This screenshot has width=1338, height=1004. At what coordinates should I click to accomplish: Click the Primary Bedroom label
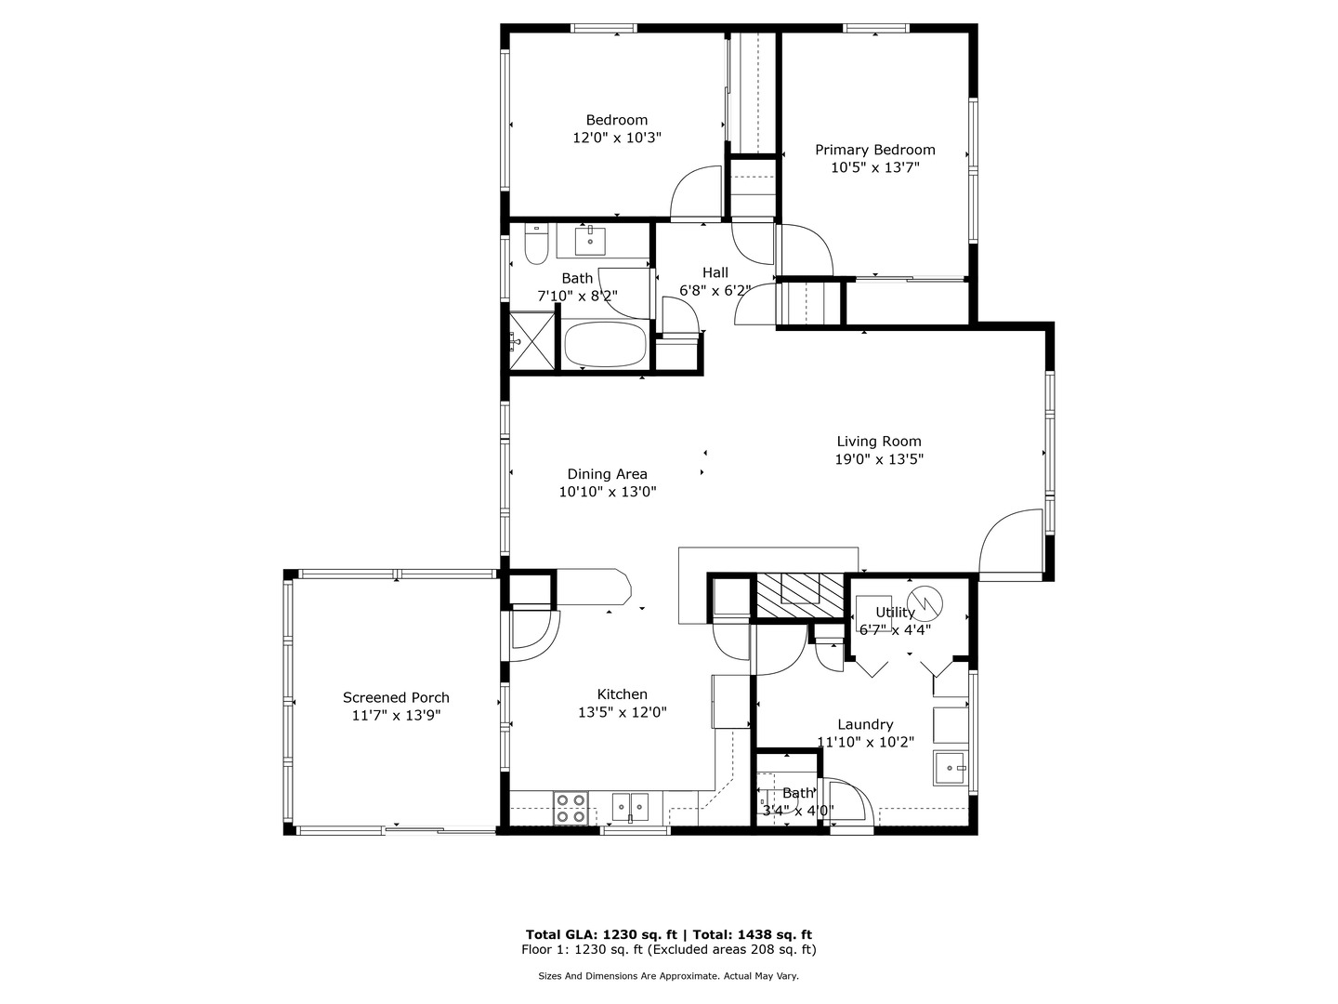click(874, 150)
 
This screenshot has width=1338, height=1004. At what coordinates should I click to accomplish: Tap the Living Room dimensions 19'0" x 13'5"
click(879, 459)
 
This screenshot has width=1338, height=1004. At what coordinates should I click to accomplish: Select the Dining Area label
click(607, 474)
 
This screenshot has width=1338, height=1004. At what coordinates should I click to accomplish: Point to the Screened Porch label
click(396, 697)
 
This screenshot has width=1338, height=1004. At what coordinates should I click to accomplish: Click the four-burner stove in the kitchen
click(571, 808)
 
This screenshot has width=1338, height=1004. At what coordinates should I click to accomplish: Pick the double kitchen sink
click(630, 807)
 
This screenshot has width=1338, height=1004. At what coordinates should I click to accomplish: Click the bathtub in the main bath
click(605, 344)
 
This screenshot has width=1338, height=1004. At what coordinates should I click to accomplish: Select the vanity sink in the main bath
click(590, 240)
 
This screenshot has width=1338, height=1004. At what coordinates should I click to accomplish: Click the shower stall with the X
click(532, 341)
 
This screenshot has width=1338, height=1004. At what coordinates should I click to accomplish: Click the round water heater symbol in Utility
click(925, 603)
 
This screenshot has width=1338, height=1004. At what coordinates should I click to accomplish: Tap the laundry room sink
click(950, 768)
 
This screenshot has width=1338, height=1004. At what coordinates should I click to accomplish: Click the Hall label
click(715, 272)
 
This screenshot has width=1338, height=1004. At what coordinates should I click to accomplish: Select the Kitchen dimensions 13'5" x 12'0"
click(623, 712)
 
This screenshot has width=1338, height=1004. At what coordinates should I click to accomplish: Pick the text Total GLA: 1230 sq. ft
click(601, 934)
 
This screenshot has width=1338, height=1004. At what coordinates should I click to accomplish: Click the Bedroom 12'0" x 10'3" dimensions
click(617, 138)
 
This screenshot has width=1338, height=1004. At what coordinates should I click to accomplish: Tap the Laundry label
click(865, 725)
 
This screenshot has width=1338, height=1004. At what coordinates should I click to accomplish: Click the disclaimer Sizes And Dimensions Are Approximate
click(628, 976)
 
